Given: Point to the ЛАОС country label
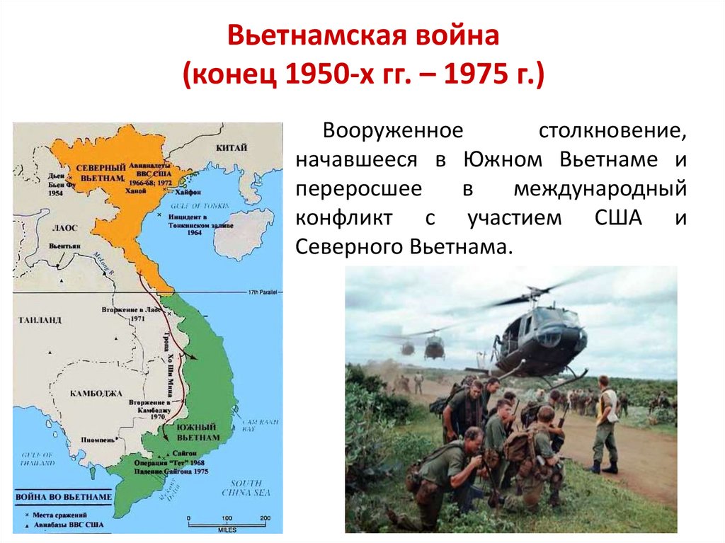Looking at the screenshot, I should [x=64, y=227].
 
